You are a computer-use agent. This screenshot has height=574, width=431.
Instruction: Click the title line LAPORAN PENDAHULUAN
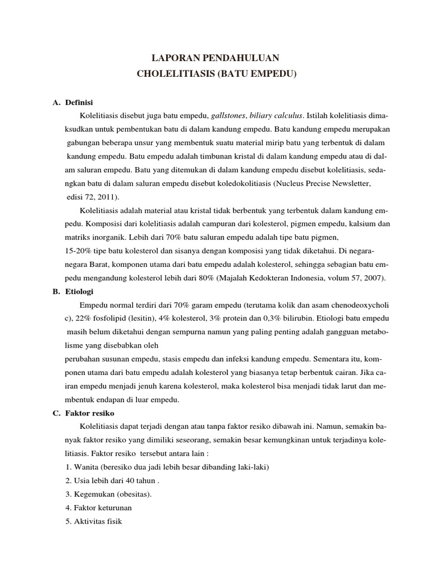click(x=216, y=57)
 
